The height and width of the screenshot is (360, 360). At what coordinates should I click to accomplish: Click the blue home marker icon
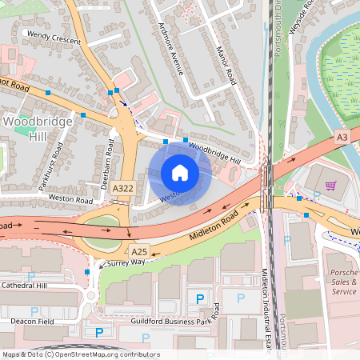(x=180, y=173)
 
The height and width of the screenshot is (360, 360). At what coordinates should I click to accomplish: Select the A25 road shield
(x=140, y=250)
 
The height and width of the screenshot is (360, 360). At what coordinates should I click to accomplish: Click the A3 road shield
(x=342, y=138)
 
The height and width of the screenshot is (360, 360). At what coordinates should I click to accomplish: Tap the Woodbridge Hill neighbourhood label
(x=31, y=128)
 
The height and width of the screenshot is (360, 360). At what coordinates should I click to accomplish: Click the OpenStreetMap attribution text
(x=80, y=354)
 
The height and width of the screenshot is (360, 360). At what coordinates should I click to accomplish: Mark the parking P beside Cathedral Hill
(x=31, y=276)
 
